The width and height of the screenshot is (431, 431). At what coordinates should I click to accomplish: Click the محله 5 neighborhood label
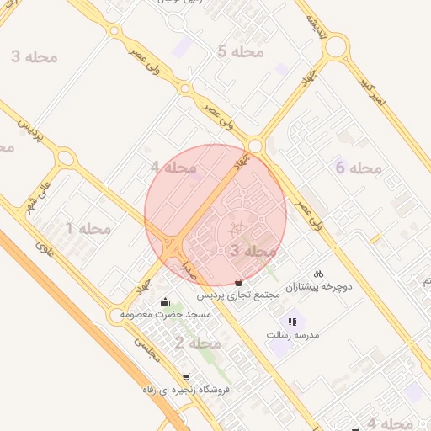point(240,52)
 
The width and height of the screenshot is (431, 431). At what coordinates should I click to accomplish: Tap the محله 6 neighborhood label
point(359,168)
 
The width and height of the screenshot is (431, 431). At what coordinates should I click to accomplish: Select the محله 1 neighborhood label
point(88,228)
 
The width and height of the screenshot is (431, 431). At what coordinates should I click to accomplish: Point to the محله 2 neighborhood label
point(198,343)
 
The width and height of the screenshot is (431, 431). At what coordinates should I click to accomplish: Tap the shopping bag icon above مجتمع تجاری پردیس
point(241,283)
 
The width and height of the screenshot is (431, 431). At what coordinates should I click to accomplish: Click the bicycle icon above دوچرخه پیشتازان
point(318,273)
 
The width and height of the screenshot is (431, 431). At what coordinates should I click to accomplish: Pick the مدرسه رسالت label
point(290,334)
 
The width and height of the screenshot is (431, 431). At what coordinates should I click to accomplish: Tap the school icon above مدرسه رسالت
point(292,321)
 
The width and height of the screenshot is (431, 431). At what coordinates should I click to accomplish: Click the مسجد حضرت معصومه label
point(165,314)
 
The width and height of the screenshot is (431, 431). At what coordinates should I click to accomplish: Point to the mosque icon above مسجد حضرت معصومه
point(165,301)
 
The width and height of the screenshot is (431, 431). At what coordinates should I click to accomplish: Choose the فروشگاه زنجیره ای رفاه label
point(185,391)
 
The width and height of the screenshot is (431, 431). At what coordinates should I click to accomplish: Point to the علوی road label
point(44,247)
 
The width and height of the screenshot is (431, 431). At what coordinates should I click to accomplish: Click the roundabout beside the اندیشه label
point(336,45)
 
